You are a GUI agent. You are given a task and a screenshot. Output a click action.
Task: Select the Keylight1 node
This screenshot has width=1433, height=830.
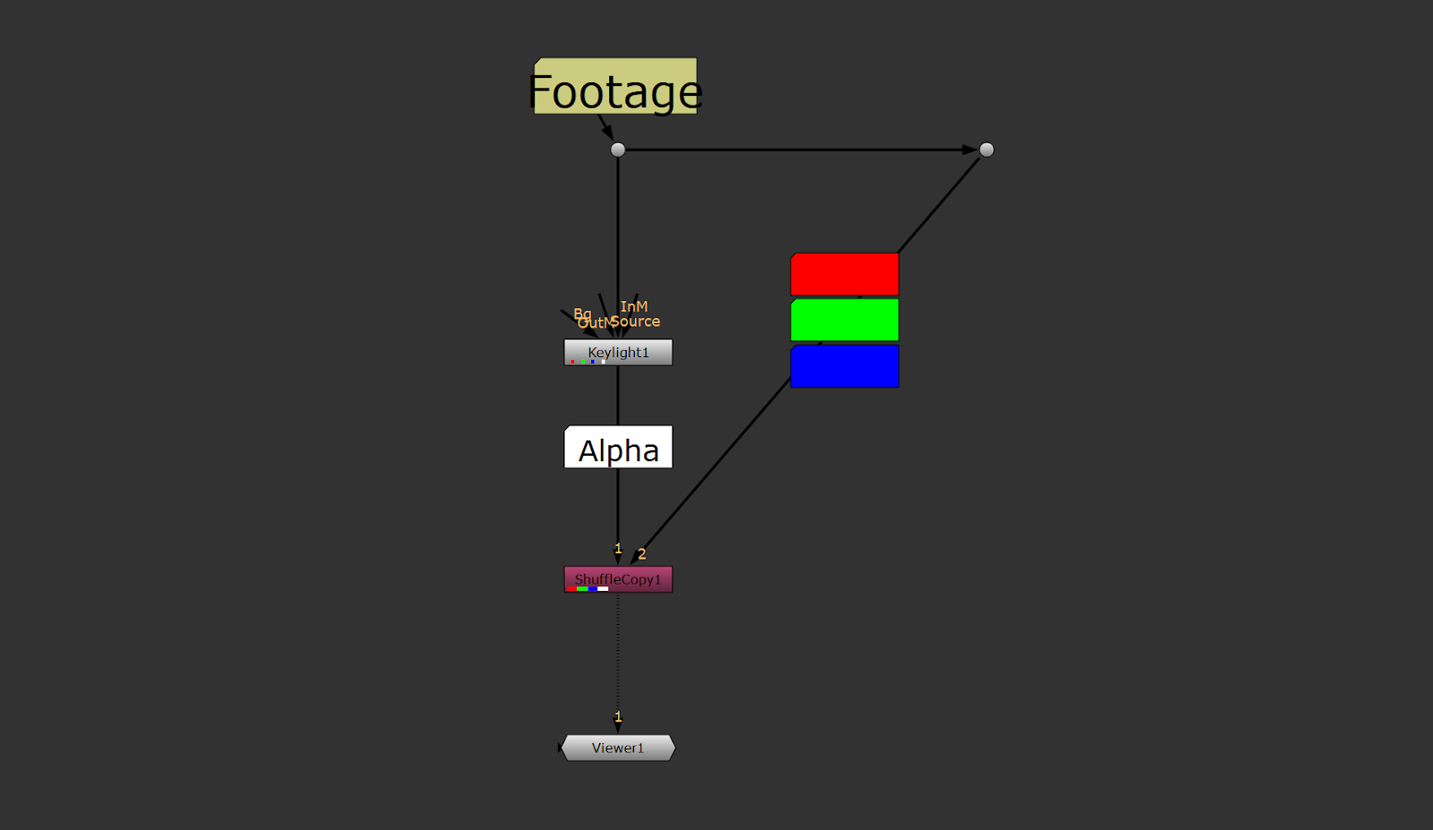(618, 352)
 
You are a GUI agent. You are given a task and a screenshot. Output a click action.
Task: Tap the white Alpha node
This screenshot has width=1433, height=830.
(618, 448)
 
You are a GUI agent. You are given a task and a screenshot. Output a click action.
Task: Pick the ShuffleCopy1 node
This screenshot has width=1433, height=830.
(618, 579)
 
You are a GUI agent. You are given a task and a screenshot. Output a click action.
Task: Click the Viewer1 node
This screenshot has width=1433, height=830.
(618, 748)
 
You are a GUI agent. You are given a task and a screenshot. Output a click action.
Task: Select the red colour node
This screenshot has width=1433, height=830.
(845, 274)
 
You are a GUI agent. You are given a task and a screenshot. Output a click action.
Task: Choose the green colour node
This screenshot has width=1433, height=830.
(845, 320)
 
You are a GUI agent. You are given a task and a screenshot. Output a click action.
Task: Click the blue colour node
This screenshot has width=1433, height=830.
(845, 366)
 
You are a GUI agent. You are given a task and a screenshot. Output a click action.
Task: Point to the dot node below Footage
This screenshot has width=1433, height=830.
(618, 150)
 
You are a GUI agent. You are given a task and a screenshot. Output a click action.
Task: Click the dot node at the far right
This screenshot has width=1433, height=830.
(986, 150)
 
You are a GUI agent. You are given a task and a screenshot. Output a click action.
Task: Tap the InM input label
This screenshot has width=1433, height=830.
(634, 306)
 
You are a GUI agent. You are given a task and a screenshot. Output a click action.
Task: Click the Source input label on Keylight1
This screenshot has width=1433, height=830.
(637, 321)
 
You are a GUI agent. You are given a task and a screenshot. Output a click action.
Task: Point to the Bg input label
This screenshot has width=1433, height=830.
(582, 313)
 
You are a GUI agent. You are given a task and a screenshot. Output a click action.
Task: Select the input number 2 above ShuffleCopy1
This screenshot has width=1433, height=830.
(642, 554)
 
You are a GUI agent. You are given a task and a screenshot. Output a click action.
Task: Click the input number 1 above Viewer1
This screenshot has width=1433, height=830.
(618, 717)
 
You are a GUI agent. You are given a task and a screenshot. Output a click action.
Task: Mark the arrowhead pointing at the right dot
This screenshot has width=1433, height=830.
(970, 150)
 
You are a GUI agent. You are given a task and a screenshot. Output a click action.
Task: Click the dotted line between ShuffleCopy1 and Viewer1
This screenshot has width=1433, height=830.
(618, 654)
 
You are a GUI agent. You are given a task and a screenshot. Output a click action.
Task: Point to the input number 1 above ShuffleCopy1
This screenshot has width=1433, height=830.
(618, 549)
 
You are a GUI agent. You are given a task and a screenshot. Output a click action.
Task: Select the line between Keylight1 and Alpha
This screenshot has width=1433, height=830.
(618, 395)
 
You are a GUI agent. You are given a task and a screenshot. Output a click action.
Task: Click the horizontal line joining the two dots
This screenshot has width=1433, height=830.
(797, 150)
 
